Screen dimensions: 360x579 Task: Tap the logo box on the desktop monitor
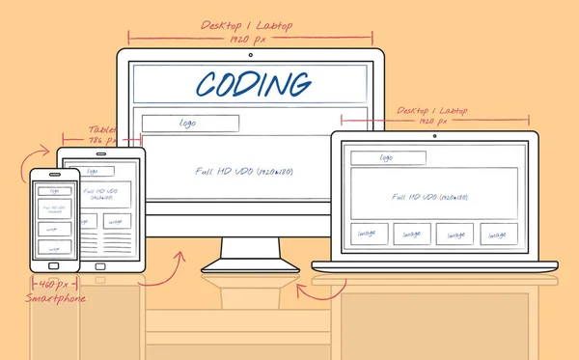(x=190, y=124)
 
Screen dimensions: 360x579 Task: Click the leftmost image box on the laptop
(x=368, y=234)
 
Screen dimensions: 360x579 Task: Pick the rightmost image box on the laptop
(x=495, y=234)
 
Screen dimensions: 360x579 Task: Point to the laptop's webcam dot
(x=433, y=136)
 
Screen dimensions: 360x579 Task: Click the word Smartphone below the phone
(x=55, y=298)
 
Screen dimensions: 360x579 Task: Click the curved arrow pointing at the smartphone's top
(x=41, y=152)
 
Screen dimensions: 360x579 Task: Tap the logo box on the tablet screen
(x=94, y=171)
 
